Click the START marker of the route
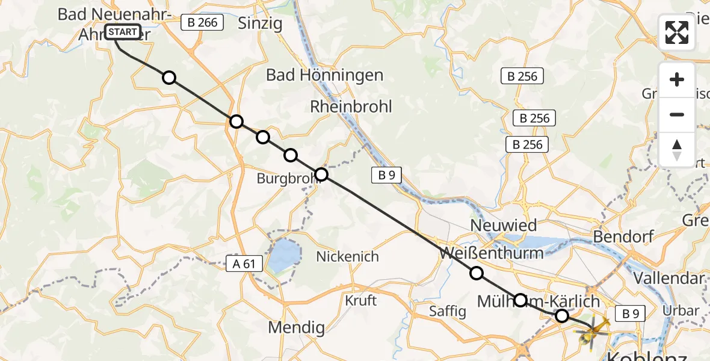123,32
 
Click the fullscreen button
677,32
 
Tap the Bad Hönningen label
324,75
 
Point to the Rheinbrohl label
351,106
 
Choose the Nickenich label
348,257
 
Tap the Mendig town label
297,328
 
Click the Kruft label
361,300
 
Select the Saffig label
448,311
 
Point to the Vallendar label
668,278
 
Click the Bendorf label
623,236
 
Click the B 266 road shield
202,23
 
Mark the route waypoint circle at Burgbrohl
321,174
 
